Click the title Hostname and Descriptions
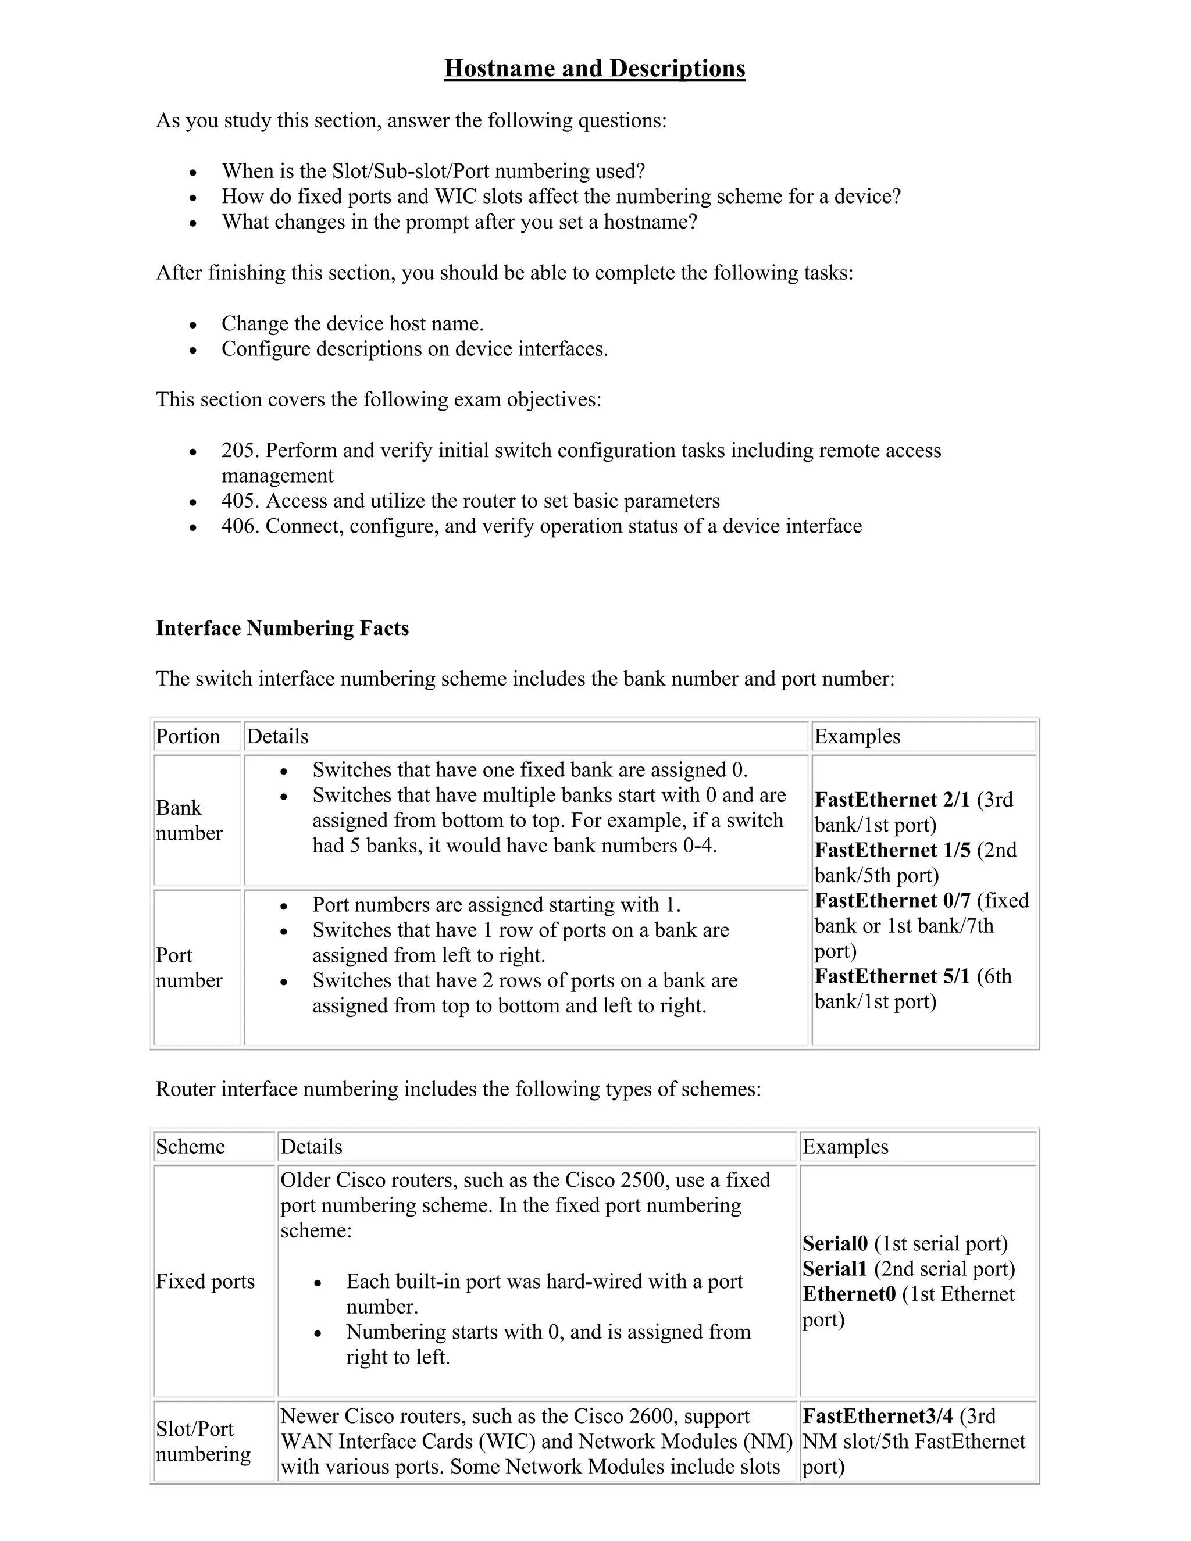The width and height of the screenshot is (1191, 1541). [594, 69]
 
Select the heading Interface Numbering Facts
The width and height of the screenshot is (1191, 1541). [282, 628]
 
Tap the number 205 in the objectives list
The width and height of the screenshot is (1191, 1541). [238, 450]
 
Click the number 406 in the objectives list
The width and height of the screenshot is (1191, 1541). [238, 526]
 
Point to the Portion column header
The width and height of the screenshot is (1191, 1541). [188, 737]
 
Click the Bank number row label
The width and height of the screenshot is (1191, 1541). [188, 820]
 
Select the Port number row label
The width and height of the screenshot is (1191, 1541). [188, 968]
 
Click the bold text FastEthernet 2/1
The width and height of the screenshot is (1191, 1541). [892, 800]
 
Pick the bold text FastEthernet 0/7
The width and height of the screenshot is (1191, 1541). [892, 900]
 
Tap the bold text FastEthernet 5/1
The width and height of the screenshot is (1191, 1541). [892, 976]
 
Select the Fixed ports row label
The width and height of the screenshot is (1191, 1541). [205, 1281]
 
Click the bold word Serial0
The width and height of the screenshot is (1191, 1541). [835, 1243]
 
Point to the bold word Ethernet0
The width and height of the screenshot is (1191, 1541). [849, 1294]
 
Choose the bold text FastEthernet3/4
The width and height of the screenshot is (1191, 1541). [878, 1415]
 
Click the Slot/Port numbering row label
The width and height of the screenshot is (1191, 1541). [202, 1441]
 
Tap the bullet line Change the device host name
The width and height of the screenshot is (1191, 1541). [352, 324]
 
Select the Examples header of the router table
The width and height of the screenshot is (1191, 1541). [845, 1147]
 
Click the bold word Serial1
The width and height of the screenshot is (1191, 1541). [835, 1269]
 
